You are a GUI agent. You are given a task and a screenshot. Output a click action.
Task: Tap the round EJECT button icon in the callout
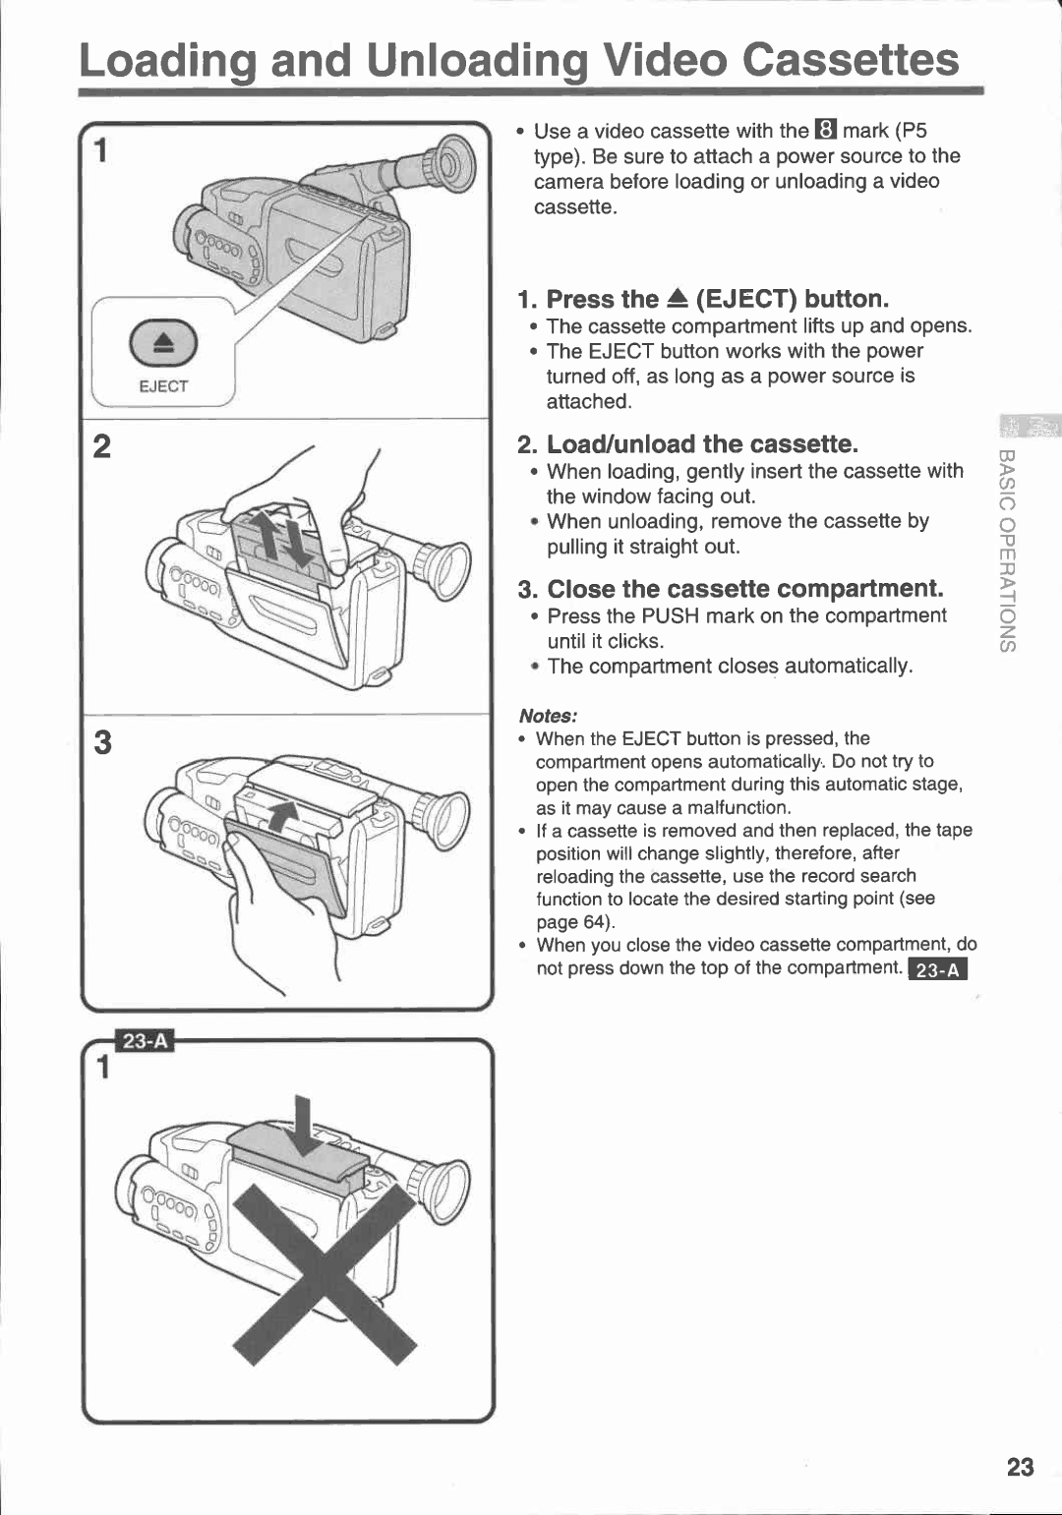tap(163, 343)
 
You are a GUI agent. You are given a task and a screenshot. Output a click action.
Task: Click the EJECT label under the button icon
tap(163, 386)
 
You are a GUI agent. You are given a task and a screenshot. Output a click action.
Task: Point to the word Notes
tap(548, 716)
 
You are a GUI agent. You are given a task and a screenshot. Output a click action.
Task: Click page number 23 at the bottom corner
tap(1020, 1467)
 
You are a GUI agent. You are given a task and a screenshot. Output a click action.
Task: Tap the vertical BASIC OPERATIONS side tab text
tap(1008, 551)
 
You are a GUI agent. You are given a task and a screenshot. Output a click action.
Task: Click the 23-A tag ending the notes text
tap(938, 969)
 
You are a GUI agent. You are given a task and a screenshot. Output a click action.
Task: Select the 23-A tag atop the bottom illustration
tap(145, 1041)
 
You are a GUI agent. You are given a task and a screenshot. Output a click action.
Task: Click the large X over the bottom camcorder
tap(324, 1273)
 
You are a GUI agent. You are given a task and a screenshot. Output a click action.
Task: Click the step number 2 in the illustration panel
tap(101, 446)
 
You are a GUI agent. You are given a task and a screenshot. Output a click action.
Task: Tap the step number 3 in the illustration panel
tap(102, 742)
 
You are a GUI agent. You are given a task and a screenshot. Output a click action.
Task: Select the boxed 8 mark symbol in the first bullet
tap(825, 131)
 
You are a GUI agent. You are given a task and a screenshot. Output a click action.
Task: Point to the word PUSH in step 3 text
tap(670, 616)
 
